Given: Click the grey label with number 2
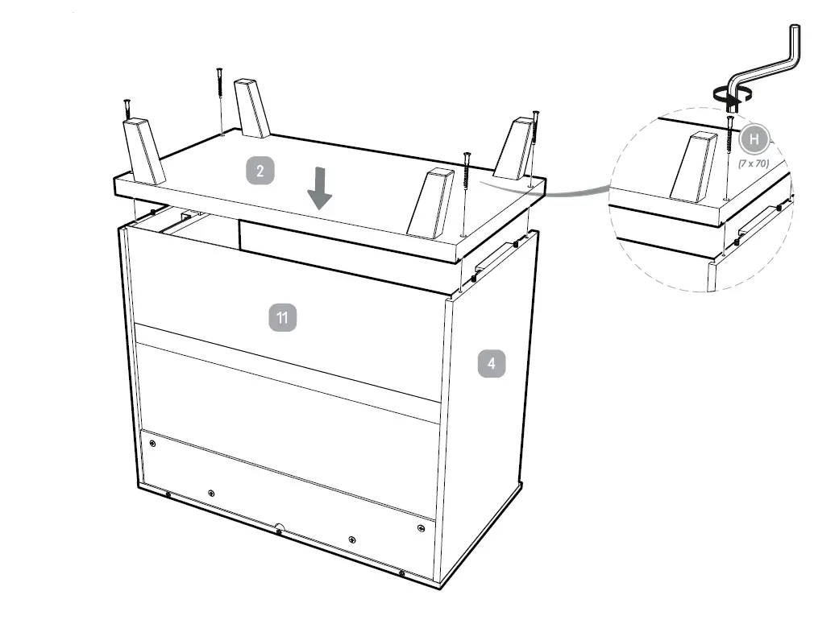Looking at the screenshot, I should [x=260, y=171].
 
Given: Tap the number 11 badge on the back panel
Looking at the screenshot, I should [x=282, y=317].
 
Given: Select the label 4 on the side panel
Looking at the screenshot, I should [x=492, y=364].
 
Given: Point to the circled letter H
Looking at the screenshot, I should [x=755, y=139].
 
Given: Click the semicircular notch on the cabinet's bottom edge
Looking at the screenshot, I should [x=279, y=529].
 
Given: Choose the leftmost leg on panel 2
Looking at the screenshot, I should [x=143, y=151].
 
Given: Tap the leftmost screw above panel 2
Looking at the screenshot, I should [x=127, y=109].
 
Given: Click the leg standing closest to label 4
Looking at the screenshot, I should [x=432, y=202].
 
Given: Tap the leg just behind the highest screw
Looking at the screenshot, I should [x=252, y=106].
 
